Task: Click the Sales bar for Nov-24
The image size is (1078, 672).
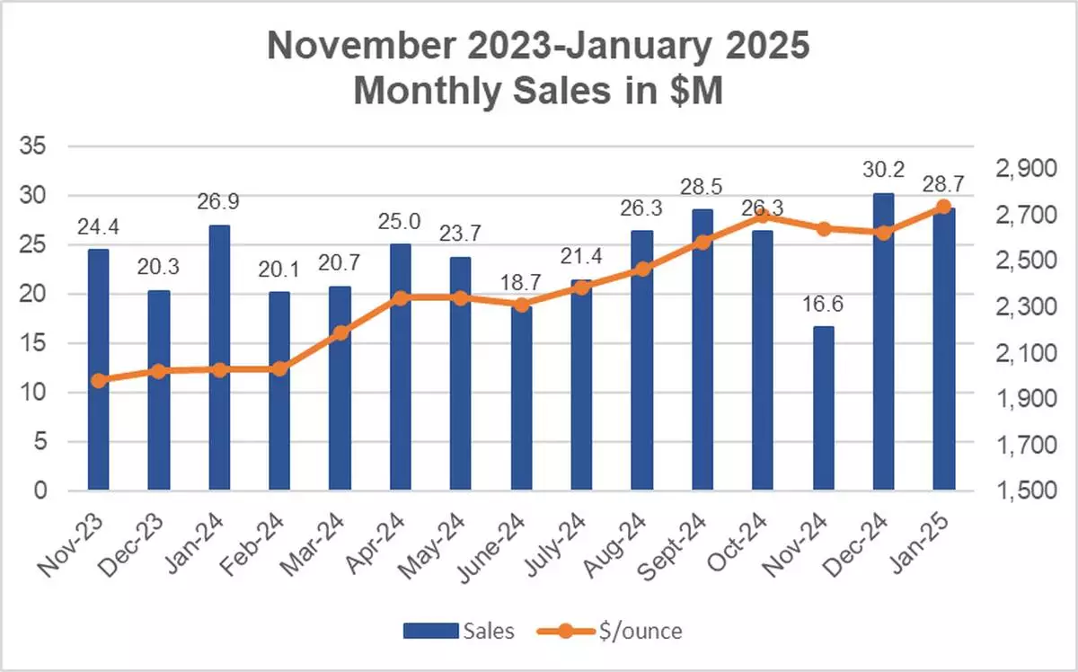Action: [823, 409]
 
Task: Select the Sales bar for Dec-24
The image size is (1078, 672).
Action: [883, 341]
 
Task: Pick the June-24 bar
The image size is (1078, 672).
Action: [521, 399]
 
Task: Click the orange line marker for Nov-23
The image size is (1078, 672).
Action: [99, 380]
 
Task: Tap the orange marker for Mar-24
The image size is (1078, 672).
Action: [340, 333]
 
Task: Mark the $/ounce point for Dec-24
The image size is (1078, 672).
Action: [883, 233]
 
